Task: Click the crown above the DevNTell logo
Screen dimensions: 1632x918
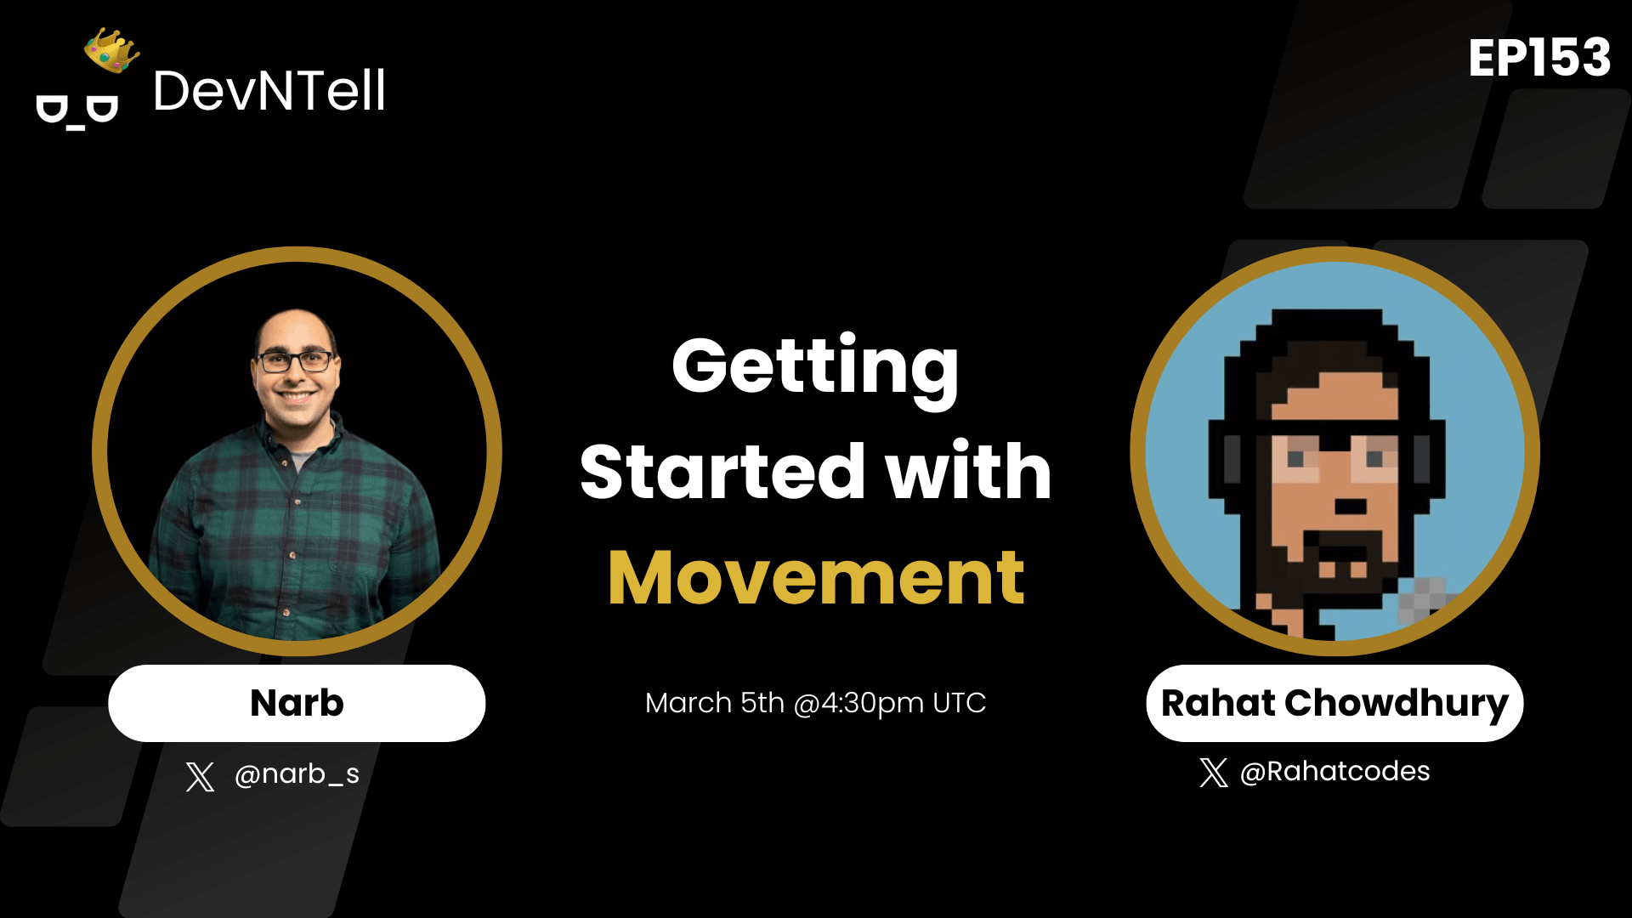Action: [111, 50]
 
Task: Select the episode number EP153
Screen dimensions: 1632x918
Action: [1539, 58]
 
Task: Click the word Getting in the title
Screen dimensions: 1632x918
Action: [815, 367]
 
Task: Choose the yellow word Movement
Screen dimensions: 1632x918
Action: [816, 578]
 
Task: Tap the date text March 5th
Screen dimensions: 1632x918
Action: [714, 703]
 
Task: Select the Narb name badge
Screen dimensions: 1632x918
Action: [297, 703]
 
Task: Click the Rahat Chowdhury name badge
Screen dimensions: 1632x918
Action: [1334, 703]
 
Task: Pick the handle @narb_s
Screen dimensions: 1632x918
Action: [297, 773]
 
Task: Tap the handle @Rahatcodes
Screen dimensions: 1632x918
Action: [1334, 771]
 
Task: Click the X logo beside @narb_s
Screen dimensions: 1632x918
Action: [200, 776]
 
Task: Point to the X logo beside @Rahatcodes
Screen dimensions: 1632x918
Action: [1214, 772]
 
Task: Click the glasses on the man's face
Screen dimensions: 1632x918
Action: [295, 361]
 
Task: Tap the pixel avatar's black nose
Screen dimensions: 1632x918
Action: [1351, 507]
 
